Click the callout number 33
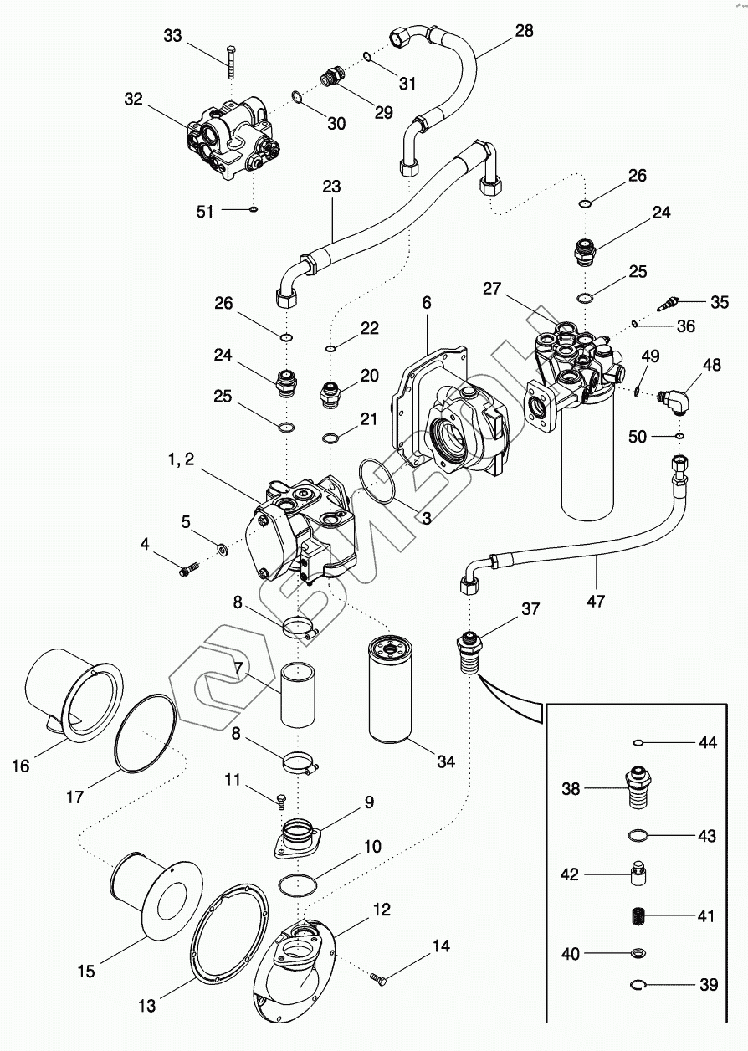(x=172, y=36)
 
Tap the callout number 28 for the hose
(x=524, y=31)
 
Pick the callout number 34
(x=445, y=762)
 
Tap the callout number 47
(x=596, y=599)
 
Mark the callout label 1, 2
(x=182, y=459)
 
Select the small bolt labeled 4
(x=187, y=571)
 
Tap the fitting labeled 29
(x=333, y=79)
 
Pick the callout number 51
(x=206, y=212)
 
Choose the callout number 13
(x=147, y=1007)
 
